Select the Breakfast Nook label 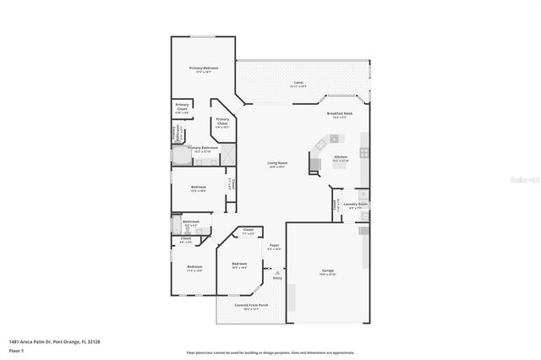pyautogui.click(x=339, y=116)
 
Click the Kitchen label pyautogui.click(x=341, y=158)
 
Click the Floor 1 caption pyautogui.click(x=17, y=349)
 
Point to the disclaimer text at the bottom pyautogui.click(x=270, y=352)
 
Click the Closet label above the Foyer pyautogui.click(x=249, y=231)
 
